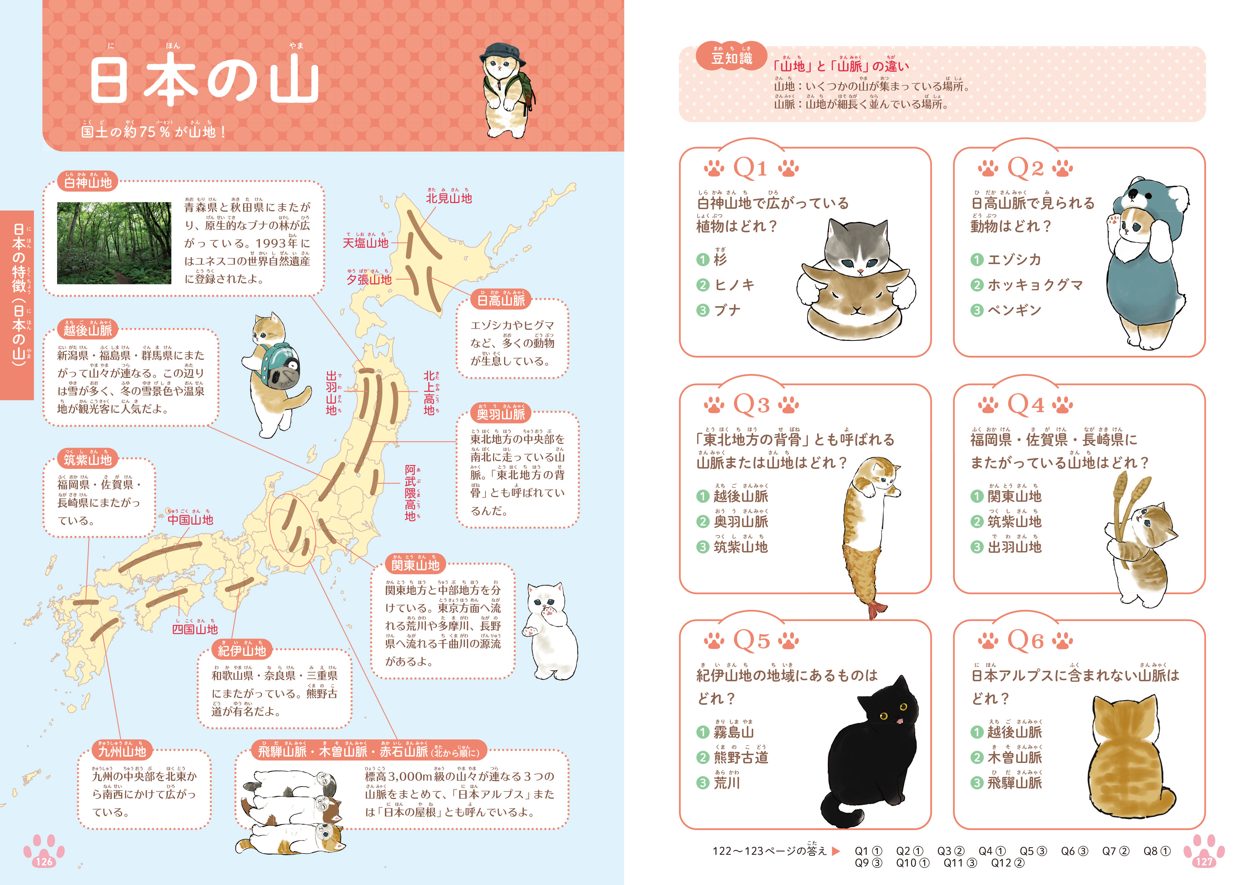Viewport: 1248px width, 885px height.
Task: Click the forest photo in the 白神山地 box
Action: tap(114, 243)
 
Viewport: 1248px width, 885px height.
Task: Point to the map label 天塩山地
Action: tap(366, 243)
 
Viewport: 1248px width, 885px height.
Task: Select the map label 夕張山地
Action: tap(369, 279)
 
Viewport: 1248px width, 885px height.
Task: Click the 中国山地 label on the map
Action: tap(190, 520)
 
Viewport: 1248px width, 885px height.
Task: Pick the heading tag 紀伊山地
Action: tap(241, 650)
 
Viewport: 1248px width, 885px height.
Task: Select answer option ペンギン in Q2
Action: tap(1014, 310)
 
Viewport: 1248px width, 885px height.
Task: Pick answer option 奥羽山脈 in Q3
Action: tap(741, 521)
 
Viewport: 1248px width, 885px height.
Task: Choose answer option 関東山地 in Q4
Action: tap(1014, 496)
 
